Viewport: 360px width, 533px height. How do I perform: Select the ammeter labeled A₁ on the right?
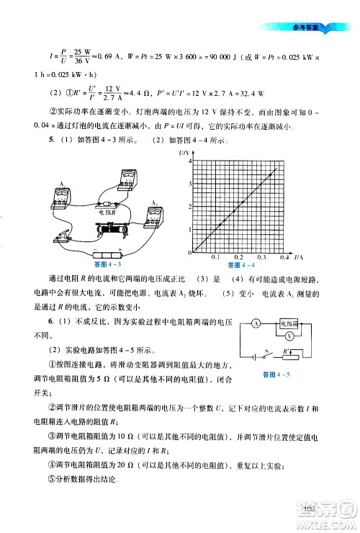tap(153, 215)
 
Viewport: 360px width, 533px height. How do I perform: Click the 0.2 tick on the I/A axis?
tap(238, 258)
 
